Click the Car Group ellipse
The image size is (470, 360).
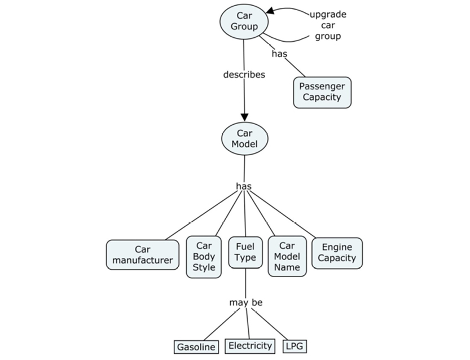[x=244, y=21]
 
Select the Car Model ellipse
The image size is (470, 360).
[x=244, y=139]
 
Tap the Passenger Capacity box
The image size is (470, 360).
[x=322, y=92]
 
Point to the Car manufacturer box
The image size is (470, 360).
[x=143, y=254]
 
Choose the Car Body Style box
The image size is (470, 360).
[x=204, y=257]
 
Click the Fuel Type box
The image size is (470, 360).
[x=245, y=252]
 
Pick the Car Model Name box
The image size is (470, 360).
[x=287, y=257]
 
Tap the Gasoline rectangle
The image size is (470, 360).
[x=196, y=347]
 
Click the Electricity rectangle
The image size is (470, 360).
[x=249, y=345]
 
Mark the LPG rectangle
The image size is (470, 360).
[x=295, y=346]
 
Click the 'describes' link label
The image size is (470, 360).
[x=244, y=74]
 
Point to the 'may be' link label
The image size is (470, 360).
[x=245, y=303]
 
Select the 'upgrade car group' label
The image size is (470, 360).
[x=328, y=25]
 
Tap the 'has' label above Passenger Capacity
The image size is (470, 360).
[x=279, y=54]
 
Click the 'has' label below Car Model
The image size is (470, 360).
[x=244, y=186]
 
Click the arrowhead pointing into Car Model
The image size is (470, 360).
[x=244, y=116]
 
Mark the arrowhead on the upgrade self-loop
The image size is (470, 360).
[x=271, y=10]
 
